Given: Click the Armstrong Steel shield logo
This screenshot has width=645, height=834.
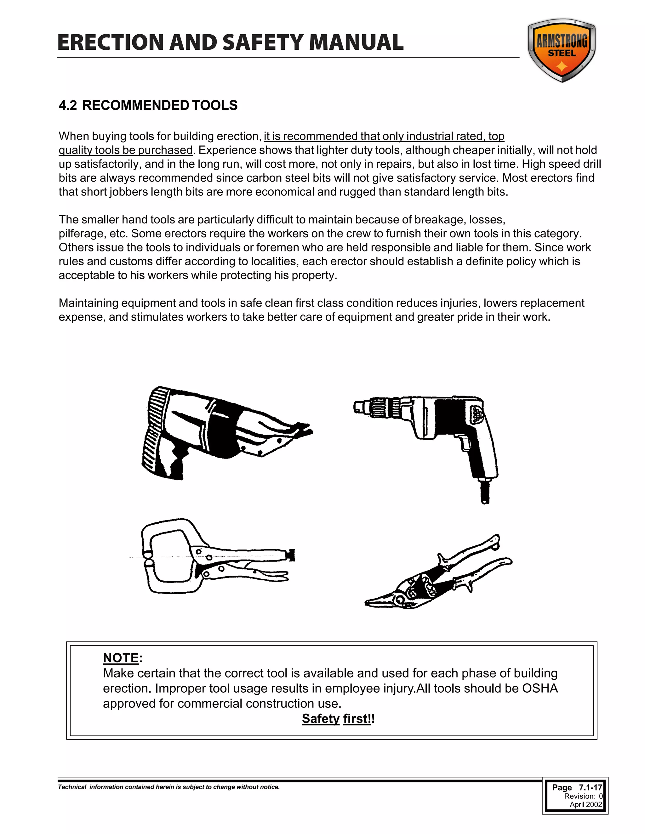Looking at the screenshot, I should (561, 50).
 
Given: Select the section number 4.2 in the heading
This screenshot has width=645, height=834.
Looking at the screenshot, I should (68, 105).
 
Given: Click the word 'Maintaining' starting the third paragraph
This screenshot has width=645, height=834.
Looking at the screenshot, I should (88, 303).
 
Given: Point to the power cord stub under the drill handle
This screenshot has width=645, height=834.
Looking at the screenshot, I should (484, 493).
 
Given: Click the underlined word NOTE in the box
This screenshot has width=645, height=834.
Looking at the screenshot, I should (121, 658).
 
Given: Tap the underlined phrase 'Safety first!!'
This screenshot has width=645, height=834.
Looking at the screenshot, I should (338, 719).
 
